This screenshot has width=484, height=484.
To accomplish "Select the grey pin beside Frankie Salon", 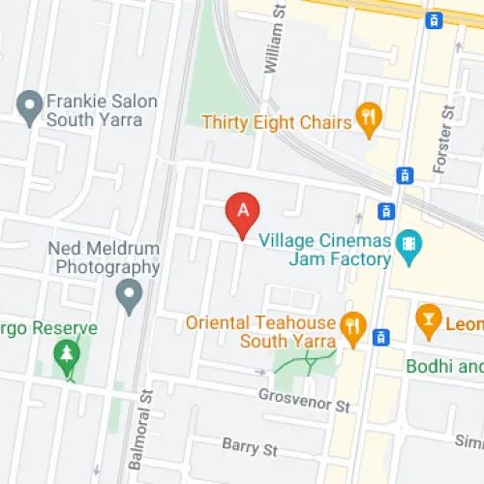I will (30, 103).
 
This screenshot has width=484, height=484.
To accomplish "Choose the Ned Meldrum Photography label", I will (104, 257).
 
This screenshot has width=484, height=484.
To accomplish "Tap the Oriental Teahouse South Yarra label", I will (260, 331).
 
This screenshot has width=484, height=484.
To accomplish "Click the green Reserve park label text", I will (48, 328).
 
